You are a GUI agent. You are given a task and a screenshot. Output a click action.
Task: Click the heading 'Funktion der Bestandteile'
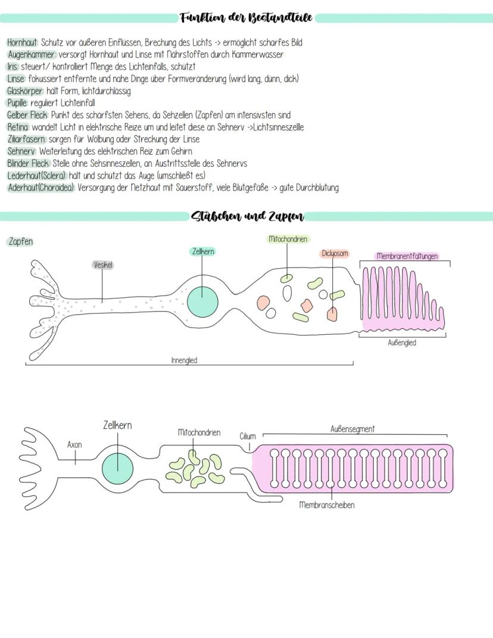point(246,18)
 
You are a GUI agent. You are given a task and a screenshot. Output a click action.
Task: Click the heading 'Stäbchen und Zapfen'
point(247,216)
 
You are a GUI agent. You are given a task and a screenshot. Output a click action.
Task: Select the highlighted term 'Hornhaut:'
point(23,43)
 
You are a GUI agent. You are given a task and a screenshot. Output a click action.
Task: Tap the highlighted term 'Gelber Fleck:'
point(28,115)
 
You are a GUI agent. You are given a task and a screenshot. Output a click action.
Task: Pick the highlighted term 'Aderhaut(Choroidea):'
point(41,188)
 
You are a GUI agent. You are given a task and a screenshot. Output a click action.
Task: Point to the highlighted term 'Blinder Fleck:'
point(29,163)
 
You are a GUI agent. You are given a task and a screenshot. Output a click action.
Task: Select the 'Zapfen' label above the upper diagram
point(21,242)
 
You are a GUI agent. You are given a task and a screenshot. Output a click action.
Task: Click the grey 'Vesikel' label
point(103,264)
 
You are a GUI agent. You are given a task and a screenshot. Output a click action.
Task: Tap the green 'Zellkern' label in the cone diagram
point(202,252)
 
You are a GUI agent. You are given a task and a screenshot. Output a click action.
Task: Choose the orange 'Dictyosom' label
point(334,254)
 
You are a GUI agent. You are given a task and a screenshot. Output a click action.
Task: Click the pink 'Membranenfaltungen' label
point(407,256)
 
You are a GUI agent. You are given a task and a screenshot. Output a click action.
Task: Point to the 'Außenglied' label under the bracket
point(402,343)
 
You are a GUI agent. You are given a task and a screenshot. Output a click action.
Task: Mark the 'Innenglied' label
point(184,360)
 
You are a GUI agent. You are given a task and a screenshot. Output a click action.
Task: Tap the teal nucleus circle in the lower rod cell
point(117,466)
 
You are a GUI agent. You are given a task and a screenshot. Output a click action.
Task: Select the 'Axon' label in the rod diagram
point(74,444)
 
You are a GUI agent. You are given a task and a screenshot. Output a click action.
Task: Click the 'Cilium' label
point(248,436)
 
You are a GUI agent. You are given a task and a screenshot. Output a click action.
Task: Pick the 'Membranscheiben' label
point(327,505)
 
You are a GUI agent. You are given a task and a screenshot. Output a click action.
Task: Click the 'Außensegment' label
point(352,429)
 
